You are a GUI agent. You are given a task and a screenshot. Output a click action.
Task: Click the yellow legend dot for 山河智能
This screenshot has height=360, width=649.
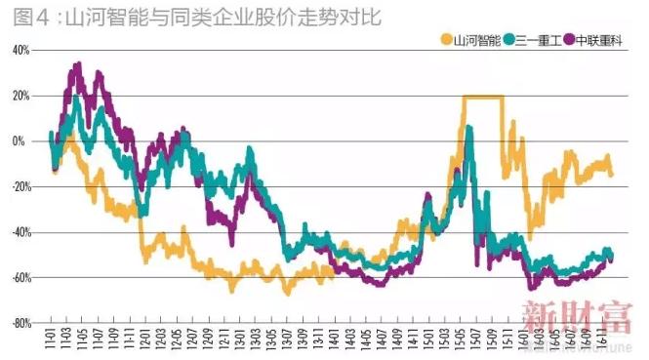tap(447, 40)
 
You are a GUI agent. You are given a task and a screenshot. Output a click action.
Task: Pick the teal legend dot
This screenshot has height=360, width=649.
tap(509, 40)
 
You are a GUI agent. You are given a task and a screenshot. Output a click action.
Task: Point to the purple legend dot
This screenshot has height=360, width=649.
tap(569, 40)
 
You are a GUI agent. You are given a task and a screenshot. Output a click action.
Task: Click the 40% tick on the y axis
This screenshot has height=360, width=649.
tap(21, 50)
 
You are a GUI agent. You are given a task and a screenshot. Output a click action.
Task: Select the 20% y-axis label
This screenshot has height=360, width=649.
tap(21, 96)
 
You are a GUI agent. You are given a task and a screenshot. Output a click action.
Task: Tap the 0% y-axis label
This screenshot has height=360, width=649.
tap(24, 141)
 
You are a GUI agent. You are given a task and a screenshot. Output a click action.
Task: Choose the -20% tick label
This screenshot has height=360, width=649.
tap(20, 186)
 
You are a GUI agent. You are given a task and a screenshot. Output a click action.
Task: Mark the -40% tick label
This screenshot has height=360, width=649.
tap(20, 232)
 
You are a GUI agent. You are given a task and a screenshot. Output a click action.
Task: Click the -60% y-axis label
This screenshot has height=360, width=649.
tap(20, 278)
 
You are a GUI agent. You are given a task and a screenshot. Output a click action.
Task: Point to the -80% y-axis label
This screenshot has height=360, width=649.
tap(20, 323)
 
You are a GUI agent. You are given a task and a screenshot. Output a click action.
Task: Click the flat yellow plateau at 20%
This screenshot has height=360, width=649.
tap(483, 97)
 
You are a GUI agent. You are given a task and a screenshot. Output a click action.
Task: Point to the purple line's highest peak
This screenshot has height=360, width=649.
tap(77, 65)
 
